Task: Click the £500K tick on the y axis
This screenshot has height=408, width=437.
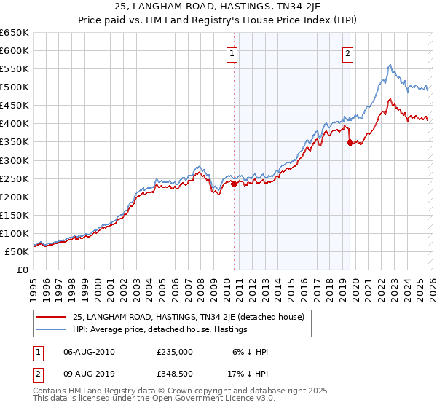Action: (15, 87)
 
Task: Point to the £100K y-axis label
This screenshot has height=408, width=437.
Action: (15, 234)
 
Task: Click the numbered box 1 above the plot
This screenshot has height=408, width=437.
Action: (232, 52)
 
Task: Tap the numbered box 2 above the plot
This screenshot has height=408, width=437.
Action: (347, 52)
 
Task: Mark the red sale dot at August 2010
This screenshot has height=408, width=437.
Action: (234, 184)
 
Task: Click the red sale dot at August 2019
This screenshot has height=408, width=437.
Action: (350, 143)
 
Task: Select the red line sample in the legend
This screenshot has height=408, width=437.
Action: (52, 316)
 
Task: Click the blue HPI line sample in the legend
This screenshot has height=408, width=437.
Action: (52, 329)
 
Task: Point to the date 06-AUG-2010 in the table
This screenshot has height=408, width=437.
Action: (88, 352)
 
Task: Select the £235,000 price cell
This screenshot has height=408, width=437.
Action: (175, 352)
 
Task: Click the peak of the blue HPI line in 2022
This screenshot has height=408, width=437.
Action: (390, 65)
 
